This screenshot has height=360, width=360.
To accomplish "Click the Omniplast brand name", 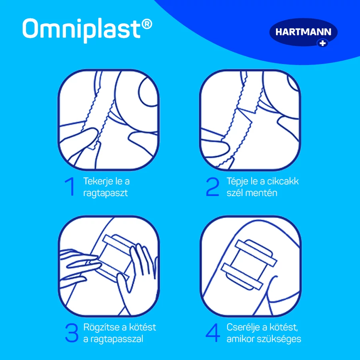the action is [82, 30].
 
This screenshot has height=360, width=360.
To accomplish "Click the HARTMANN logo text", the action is [303, 32].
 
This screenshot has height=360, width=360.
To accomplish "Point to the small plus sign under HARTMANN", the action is [323, 43].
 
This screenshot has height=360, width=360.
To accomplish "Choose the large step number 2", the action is [212, 186].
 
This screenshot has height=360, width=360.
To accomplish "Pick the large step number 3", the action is [72, 333].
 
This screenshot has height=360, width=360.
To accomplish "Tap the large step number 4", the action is [213, 333].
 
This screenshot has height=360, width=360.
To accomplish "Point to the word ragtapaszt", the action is [105, 193].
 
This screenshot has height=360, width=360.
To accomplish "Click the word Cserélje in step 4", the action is [246, 327].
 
